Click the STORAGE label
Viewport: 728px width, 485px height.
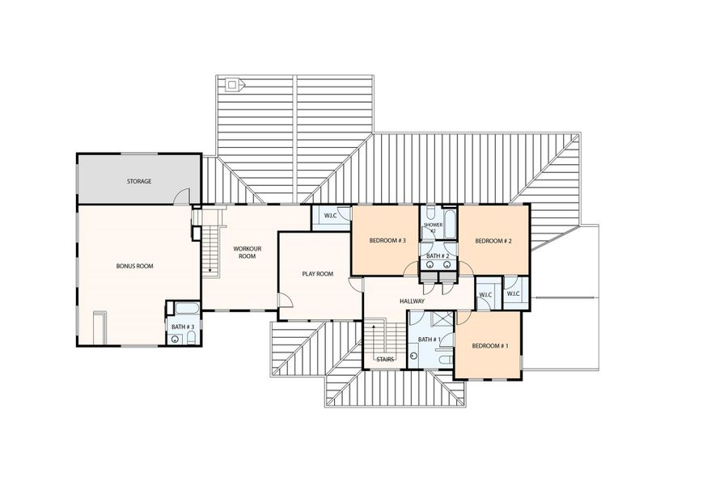click(138, 181)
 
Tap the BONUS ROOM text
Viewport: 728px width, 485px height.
click(134, 266)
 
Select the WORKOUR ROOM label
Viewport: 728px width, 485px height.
click(246, 252)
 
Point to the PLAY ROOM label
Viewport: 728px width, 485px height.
click(318, 274)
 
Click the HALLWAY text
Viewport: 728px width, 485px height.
click(413, 301)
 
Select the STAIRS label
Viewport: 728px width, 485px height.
click(385, 359)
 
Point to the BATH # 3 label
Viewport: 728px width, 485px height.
click(182, 327)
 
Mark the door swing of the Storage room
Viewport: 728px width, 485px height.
click(184, 196)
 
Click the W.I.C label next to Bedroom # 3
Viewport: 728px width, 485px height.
click(330, 216)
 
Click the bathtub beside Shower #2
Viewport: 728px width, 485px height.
click(450, 226)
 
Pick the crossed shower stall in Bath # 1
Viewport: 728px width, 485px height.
click(441, 318)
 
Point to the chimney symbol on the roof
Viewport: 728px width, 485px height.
click(232, 83)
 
